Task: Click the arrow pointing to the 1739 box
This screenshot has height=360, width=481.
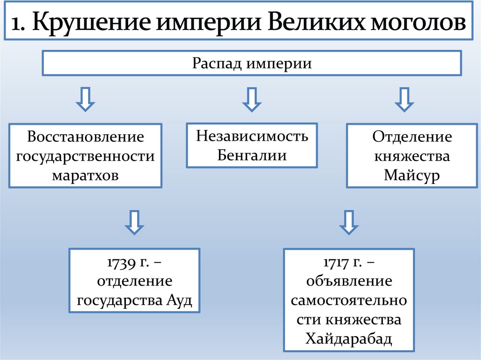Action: (x=134, y=222)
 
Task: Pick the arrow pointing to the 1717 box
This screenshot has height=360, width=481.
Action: (x=349, y=222)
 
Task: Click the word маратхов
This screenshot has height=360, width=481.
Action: (x=85, y=175)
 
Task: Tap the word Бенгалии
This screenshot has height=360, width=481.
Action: (x=252, y=155)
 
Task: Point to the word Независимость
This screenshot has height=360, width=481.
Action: (x=252, y=136)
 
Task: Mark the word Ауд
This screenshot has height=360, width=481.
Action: (x=179, y=300)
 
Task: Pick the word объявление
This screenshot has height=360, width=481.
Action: (x=349, y=282)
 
